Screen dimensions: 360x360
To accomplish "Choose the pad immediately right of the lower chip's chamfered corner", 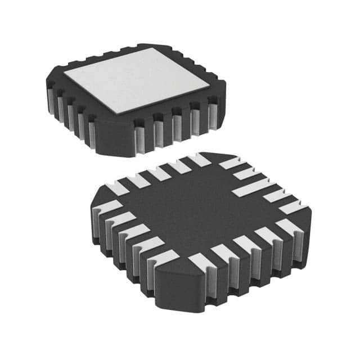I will [x=198, y=261].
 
